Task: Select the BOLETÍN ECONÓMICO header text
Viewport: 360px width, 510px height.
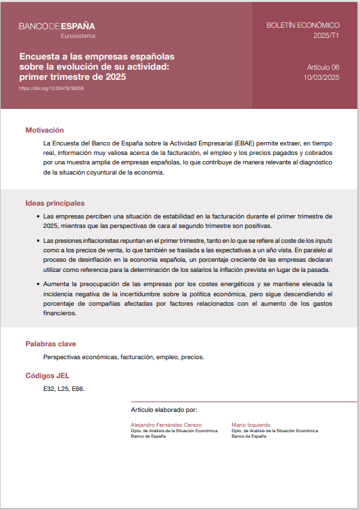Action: tap(302, 25)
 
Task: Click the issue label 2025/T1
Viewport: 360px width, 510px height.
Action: tap(326, 35)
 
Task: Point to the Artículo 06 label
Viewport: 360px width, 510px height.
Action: tap(323, 68)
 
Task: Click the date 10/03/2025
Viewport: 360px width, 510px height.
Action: tap(321, 78)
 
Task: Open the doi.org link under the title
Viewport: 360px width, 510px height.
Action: tap(51, 88)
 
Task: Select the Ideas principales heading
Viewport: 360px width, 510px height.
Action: tap(55, 203)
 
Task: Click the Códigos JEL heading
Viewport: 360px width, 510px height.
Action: tap(47, 375)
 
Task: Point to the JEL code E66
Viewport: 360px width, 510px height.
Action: tap(78, 389)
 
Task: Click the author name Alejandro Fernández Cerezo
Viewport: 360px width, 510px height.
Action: tap(165, 424)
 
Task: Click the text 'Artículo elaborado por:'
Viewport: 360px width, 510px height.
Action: tap(164, 410)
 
